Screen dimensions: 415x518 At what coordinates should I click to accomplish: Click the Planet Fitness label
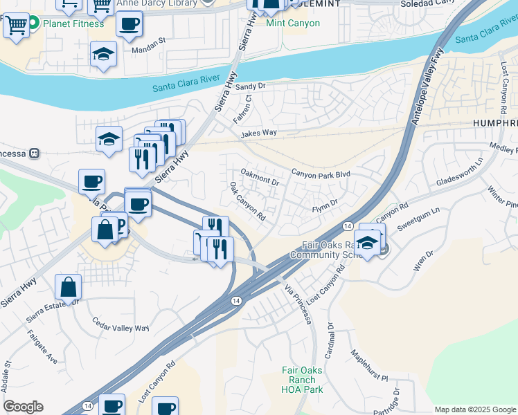pos(73,24)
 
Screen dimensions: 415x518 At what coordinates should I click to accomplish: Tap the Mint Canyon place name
pos(293,23)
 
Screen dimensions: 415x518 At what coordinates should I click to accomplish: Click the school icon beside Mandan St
pos(103,55)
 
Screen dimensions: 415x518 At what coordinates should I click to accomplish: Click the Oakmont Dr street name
pos(259,176)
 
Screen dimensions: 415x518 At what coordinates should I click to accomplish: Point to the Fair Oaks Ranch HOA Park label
pos(303,380)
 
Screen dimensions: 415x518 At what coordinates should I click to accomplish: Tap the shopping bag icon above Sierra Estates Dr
pos(69,286)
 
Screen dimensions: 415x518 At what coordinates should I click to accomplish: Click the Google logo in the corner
pos(23,407)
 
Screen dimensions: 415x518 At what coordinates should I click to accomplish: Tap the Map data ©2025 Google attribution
pos(475,409)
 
